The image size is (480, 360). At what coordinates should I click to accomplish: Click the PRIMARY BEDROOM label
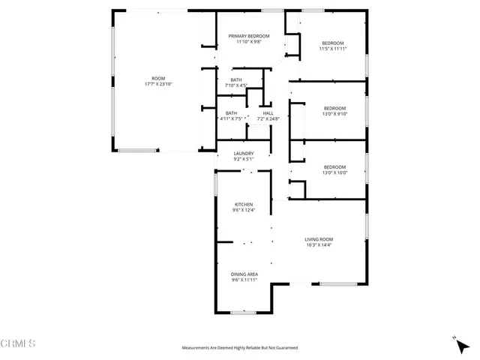pos(249,36)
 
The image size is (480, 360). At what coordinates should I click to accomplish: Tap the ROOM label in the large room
pos(158,79)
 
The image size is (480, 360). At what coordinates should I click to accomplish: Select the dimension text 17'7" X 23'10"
pos(158,85)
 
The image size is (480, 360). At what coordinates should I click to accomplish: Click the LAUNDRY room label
pos(244,153)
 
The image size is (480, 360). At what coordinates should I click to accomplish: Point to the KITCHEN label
pos(244,204)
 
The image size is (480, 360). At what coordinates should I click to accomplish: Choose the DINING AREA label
pos(244,274)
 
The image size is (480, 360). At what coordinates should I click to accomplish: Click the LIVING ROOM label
pos(319,238)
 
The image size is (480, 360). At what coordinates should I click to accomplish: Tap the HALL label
pos(268,113)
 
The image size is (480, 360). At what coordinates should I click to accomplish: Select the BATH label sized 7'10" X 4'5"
pos(236,80)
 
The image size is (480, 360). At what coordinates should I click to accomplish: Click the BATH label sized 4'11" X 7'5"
pos(231,113)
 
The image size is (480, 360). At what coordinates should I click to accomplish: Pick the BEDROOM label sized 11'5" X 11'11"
pos(333,43)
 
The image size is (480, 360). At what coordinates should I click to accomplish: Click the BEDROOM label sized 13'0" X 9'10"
pos(334,108)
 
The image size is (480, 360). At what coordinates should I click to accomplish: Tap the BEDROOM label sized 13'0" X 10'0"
pos(334,166)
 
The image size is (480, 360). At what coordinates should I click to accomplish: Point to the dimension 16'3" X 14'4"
pos(319,244)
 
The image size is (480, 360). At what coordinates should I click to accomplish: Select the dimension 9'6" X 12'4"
pos(244,210)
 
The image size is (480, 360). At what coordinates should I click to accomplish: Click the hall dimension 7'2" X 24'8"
pos(268,118)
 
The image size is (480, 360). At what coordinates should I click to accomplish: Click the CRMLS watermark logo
pos(18,344)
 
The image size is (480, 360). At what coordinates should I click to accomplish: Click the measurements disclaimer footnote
pos(240,348)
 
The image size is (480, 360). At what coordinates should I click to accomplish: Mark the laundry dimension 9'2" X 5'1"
pos(244,159)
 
